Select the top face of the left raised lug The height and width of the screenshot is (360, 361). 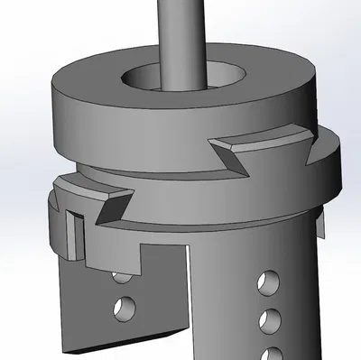[86, 188]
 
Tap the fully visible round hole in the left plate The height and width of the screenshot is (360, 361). [123, 309]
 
